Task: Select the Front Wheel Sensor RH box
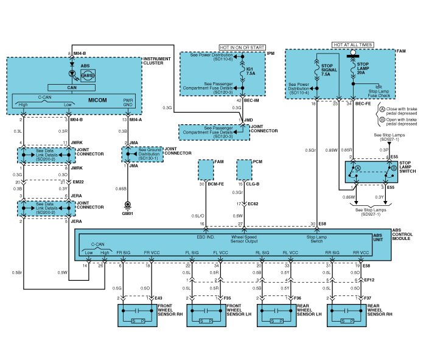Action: click(138, 315)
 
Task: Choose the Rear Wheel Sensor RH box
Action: click(347, 315)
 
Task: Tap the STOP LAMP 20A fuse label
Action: click(363, 66)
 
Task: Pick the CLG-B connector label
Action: click(253, 183)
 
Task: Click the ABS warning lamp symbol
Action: click(87, 75)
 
